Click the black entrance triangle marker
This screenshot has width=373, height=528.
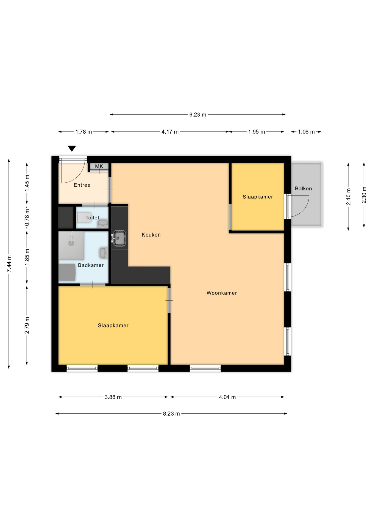pos(72,148)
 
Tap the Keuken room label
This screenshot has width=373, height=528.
pos(151,235)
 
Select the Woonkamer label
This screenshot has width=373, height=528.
pos(222,293)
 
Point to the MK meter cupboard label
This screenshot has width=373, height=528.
pos(99,166)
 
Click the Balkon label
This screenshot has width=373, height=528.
pos(303,188)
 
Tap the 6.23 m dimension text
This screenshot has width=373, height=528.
pos(198,115)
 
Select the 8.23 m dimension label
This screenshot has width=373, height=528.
pos(171,414)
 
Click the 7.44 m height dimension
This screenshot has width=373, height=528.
pos(9,264)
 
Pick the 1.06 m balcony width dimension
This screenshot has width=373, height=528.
pos(306,132)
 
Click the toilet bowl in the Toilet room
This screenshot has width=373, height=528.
pos(81,218)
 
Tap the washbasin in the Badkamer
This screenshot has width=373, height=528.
pos(103,253)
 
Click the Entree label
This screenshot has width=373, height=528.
pos(82,185)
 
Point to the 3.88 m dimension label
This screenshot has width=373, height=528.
pos(113,397)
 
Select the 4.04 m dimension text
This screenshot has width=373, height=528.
pos(227,397)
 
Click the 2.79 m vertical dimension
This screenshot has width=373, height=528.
pos(27,325)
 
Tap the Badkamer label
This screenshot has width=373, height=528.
pos(91,265)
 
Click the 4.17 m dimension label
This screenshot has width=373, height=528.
pos(170,132)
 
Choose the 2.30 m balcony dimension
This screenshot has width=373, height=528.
pos(364,195)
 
